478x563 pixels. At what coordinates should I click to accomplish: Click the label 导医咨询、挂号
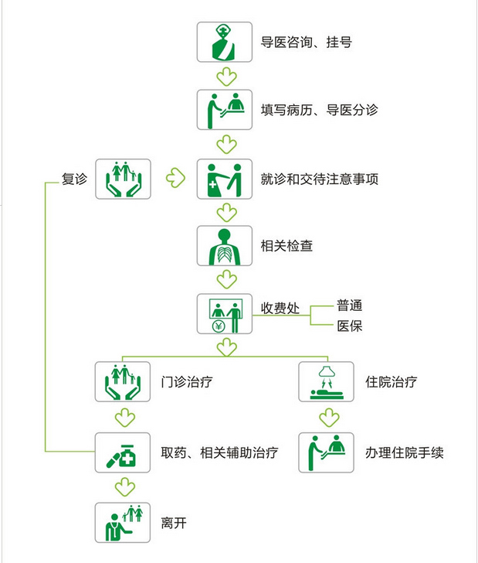[306, 43]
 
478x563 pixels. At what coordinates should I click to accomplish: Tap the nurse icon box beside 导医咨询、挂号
[225, 42]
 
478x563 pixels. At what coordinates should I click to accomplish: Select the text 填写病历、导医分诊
[319, 110]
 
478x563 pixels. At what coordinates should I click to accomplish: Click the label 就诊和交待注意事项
[319, 179]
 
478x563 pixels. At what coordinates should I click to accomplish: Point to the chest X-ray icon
[225, 246]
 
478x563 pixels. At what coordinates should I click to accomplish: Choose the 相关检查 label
[286, 246]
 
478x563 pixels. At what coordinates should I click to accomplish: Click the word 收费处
[280, 308]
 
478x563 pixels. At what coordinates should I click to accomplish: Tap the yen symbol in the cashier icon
[219, 326]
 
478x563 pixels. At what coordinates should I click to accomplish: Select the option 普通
[349, 305]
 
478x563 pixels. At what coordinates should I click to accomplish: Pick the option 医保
[349, 326]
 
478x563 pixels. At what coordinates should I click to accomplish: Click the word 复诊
[74, 179]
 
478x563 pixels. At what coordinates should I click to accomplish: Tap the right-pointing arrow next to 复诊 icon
[176, 178]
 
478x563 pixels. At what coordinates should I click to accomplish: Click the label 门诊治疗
[186, 382]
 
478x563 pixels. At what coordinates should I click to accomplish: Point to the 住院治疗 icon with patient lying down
[327, 382]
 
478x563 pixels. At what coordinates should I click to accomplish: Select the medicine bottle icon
[123, 452]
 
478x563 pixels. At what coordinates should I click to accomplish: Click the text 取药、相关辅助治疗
[219, 452]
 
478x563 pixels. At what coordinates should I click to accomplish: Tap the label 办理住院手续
[404, 452]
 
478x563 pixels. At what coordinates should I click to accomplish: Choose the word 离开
[174, 523]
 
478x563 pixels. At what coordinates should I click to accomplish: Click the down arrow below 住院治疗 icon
[329, 418]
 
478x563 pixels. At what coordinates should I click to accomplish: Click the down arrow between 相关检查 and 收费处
[226, 279]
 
